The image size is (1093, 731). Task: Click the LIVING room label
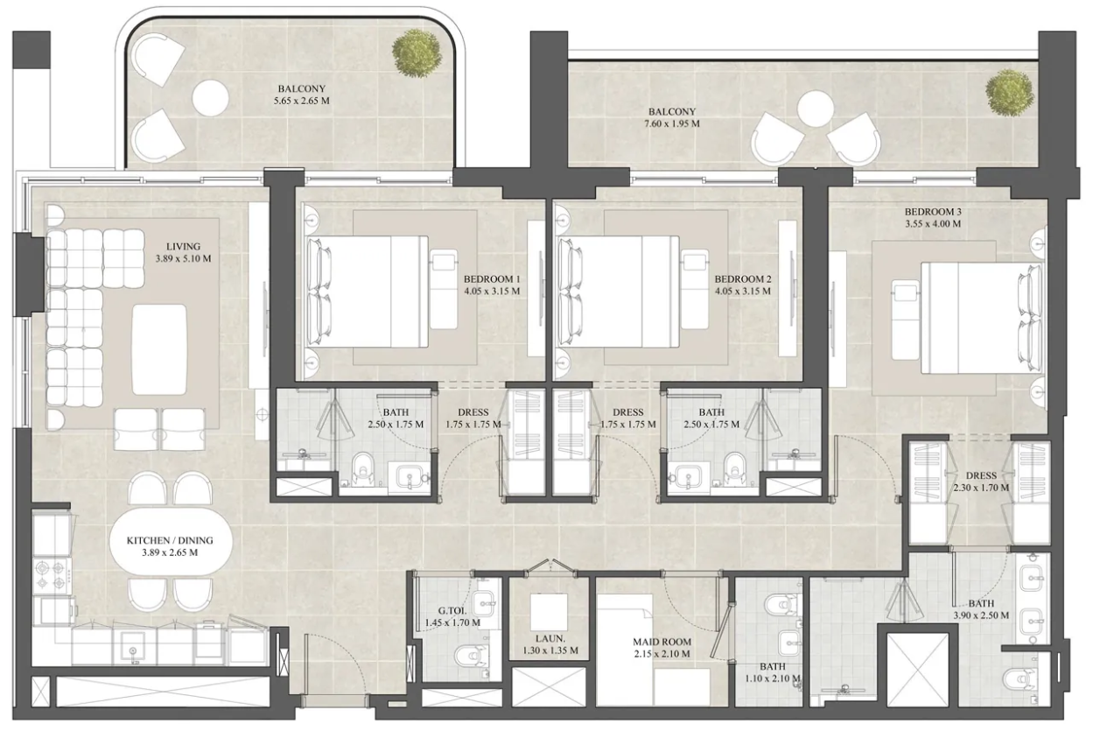click(x=183, y=247)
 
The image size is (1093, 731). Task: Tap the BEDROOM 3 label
click(x=933, y=212)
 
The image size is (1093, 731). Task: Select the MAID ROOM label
click(x=662, y=642)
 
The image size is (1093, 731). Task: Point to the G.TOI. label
click(x=452, y=610)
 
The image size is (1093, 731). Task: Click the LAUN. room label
click(x=550, y=638)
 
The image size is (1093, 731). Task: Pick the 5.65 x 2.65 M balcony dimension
click(x=302, y=101)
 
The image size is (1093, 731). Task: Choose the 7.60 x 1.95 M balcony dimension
click(x=672, y=124)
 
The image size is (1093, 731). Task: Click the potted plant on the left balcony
click(x=417, y=53)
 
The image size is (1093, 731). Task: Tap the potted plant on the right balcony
click(x=1009, y=93)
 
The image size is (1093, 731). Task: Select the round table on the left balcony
click(x=210, y=97)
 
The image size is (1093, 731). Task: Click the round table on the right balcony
click(x=815, y=109)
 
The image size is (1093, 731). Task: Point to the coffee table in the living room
click(x=159, y=349)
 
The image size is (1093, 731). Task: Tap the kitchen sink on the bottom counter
click(x=132, y=648)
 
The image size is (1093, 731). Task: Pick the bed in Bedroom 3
click(x=982, y=318)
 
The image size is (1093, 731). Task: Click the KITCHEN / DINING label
click(x=170, y=541)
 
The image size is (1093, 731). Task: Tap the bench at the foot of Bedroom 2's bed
click(x=694, y=290)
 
